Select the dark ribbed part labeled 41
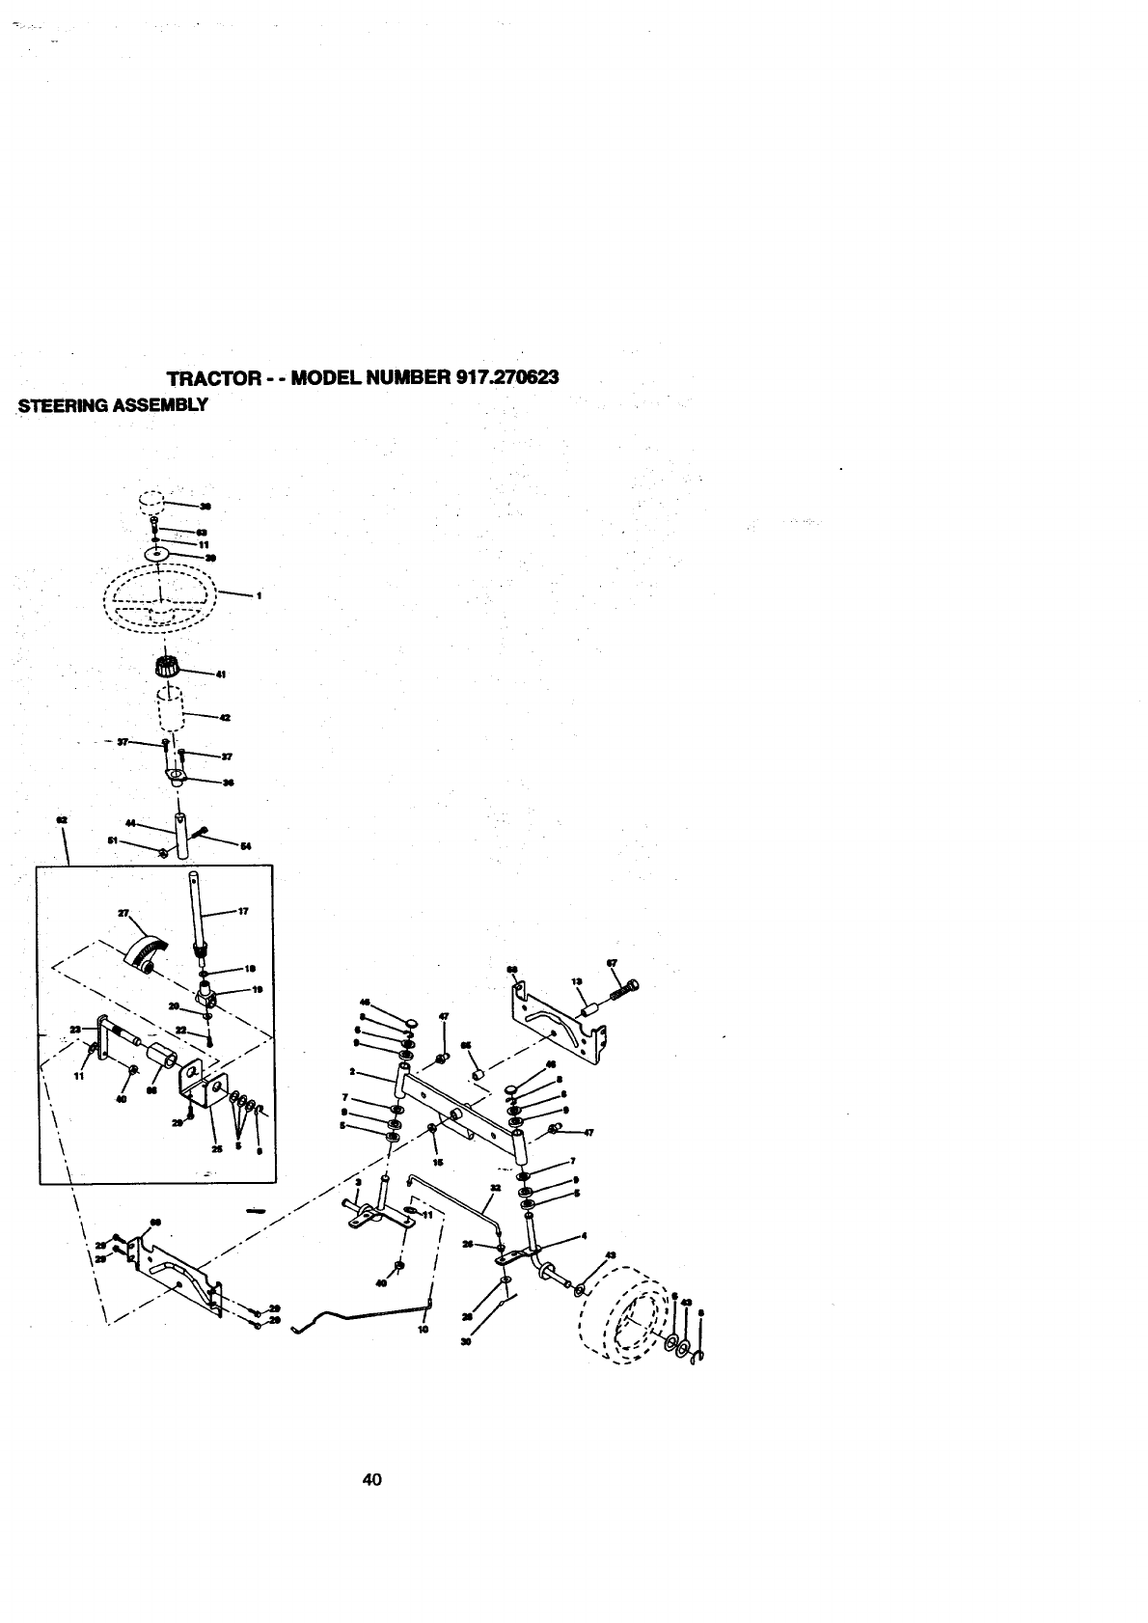(x=169, y=666)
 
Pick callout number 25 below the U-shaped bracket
(x=217, y=1149)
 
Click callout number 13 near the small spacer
(x=578, y=981)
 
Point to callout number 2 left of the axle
(x=353, y=1072)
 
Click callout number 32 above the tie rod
(x=495, y=1188)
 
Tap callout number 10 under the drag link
(x=422, y=1328)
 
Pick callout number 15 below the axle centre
(x=439, y=1163)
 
